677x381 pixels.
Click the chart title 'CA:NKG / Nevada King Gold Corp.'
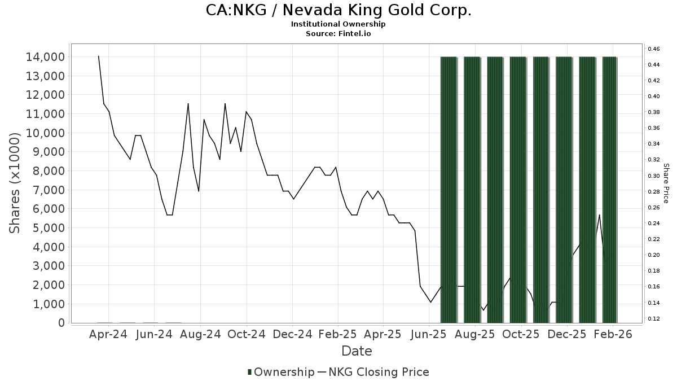click(338, 10)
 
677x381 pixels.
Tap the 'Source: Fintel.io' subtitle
click(338, 33)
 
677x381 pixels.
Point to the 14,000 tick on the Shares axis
click(43, 57)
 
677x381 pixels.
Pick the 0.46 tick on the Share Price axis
click(654, 49)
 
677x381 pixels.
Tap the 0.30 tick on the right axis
click(654, 176)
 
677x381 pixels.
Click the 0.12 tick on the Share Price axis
click(654, 319)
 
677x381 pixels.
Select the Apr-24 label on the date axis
click(108, 334)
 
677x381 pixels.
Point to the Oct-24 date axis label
click(247, 334)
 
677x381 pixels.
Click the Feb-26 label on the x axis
click(613, 334)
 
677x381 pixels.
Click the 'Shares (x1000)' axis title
click(16, 183)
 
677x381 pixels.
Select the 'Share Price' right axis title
click(666, 183)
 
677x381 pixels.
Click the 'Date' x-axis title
click(357, 351)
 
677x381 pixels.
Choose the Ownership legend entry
click(281, 372)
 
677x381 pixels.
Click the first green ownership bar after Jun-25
click(449, 190)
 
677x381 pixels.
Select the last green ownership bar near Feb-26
click(609, 190)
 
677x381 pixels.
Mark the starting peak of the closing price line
click(99, 56)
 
